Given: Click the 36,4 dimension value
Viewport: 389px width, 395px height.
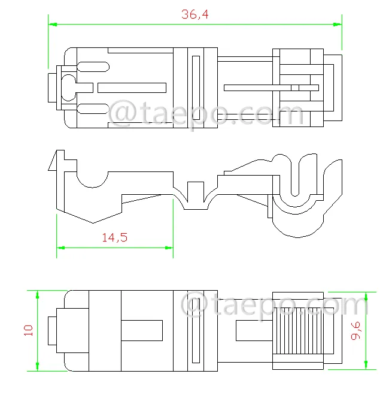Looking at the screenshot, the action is [x=195, y=14].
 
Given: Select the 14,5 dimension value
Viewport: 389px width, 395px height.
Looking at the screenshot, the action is [x=115, y=237].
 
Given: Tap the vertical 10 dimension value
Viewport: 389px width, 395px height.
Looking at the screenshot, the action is [x=28, y=330].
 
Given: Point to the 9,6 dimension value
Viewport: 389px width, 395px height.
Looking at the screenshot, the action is [x=356, y=331].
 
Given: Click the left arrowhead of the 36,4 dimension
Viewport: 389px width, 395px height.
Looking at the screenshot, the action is [x=53, y=25].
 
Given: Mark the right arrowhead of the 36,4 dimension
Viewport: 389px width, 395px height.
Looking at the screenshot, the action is [x=338, y=25].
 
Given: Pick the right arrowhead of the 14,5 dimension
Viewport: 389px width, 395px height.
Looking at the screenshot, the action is [x=169, y=248].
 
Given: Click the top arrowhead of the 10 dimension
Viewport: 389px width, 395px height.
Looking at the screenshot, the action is [x=38, y=295].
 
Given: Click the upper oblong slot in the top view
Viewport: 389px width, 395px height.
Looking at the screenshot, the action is [x=93, y=67].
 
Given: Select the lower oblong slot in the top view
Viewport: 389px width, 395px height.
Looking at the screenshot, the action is [x=93, y=109].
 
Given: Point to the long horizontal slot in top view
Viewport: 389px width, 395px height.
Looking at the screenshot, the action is [x=132, y=88].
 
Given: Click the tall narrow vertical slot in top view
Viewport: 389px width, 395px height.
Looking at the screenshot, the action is [x=196, y=88].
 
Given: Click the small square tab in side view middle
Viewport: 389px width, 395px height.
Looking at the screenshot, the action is [x=196, y=192].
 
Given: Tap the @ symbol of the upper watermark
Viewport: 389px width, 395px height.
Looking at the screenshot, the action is [x=122, y=113].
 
